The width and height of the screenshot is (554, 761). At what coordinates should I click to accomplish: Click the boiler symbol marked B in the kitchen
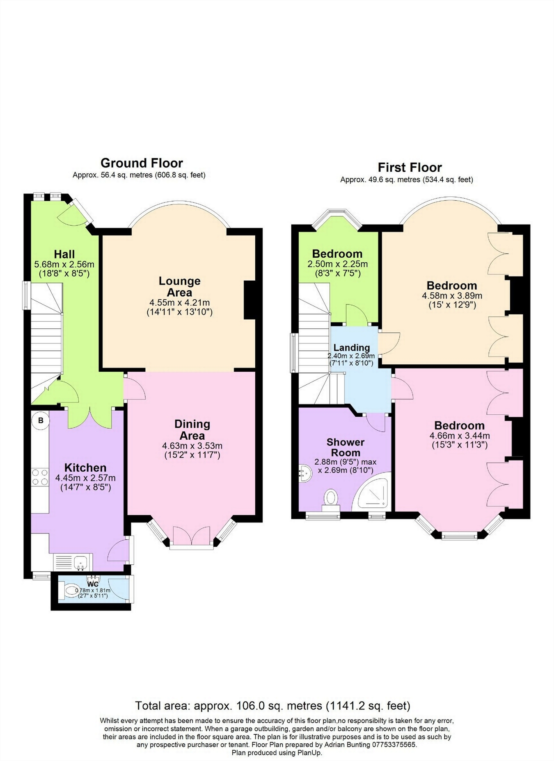41,420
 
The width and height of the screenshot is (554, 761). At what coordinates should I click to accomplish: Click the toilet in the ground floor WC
71,591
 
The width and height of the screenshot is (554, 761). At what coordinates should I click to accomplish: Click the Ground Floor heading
142,163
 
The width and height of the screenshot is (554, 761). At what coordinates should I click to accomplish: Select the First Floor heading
410,168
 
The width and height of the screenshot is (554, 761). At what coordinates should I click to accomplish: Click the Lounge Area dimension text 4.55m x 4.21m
179,303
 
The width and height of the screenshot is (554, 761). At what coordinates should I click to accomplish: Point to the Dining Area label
192,430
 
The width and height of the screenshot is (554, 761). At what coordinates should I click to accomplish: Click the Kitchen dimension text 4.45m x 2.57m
85,478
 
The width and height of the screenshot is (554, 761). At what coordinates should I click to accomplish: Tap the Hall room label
64,254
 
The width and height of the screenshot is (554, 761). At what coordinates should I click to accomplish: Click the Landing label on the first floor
351,348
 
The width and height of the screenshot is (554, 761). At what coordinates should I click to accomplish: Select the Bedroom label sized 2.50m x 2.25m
337,254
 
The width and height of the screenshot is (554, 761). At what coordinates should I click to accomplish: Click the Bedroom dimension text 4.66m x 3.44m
460,436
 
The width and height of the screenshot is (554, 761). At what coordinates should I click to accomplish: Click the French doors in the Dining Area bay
191,536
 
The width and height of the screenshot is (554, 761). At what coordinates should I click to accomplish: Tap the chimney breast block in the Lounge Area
249,300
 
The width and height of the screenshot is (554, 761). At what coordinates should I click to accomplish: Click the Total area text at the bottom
272,706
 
